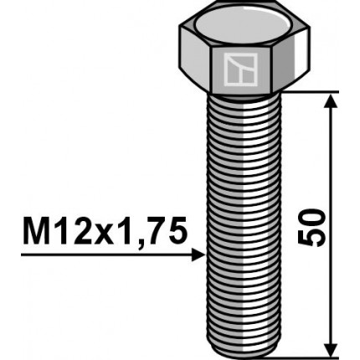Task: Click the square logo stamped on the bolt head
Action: coord(239,70)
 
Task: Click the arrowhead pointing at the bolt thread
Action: coord(197,254)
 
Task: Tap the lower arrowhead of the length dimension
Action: coord(332,347)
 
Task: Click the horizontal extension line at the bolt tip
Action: coord(310,355)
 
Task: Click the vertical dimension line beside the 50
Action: coord(332,167)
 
